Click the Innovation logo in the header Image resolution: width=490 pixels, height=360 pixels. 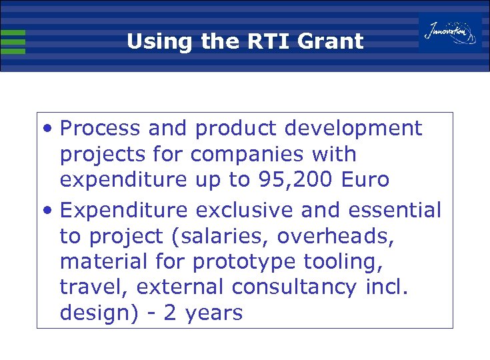[x=450, y=32]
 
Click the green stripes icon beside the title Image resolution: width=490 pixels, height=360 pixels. [x=13, y=41]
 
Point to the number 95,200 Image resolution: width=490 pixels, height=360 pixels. [x=296, y=181]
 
